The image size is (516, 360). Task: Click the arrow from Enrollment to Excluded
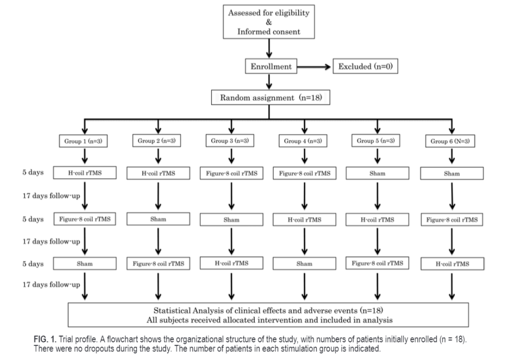click(313, 67)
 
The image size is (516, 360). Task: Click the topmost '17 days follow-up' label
click(51, 196)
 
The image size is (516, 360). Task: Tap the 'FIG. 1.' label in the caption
click(45, 339)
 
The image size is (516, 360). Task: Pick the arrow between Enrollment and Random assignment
click(269, 82)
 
